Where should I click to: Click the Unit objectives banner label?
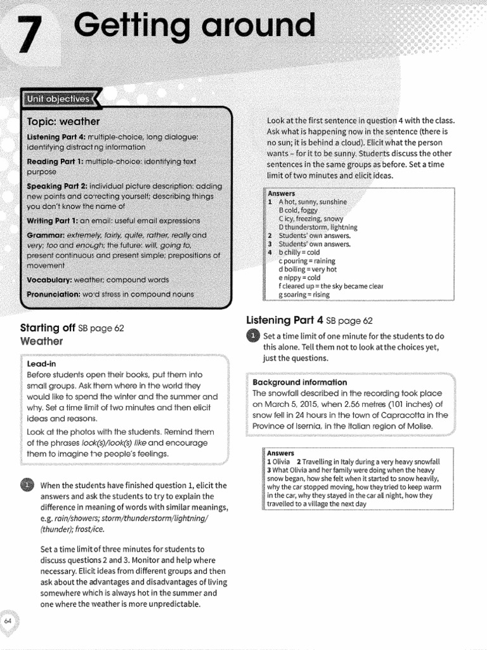[58, 99]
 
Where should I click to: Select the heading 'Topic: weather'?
[63, 121]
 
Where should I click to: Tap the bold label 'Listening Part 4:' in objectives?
[55, 136]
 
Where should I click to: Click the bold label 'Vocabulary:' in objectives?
[49, 280]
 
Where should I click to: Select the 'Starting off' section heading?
[48, 328]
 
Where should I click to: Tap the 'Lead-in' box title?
[42, 364]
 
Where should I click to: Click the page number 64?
[8, 621]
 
